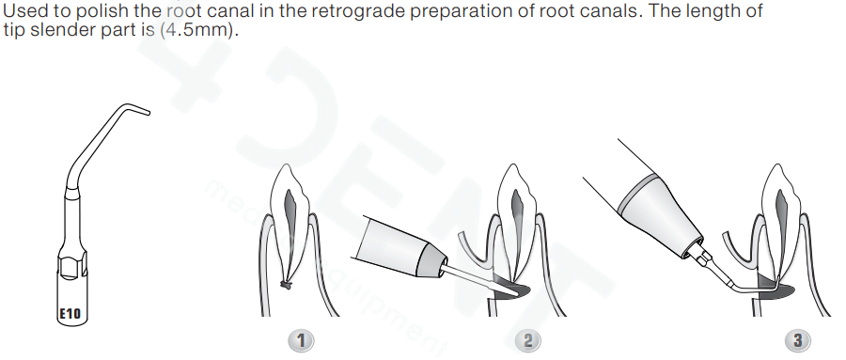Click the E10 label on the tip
(69, 313)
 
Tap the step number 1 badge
(301, 340)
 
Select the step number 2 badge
(527, 340)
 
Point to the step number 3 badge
(797, 340)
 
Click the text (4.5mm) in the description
(199, 30)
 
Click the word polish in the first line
(102, 11)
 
